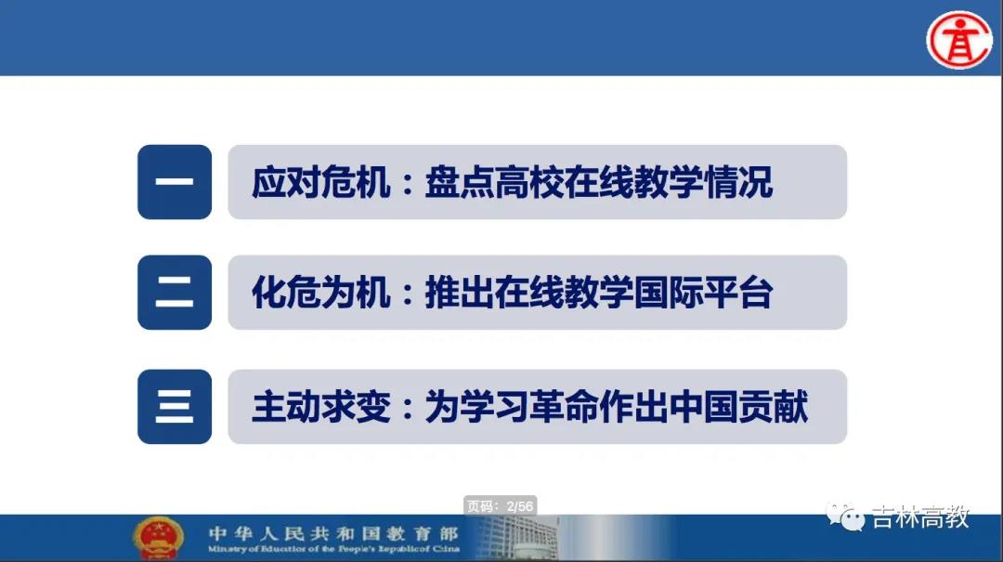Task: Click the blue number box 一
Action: pos(175,182)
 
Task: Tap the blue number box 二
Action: pos(175,293)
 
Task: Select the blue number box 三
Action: pos(175,407)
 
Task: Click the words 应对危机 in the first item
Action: pos(320,182)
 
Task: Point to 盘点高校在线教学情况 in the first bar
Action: pos(599,182)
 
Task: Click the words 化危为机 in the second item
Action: pos(320,294)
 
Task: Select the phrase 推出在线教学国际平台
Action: pos(599,294)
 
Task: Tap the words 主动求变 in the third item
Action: pos(320,407)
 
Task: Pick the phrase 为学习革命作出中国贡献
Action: pos(616,407)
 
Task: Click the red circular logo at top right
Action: pos(958,40)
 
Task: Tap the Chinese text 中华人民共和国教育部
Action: pos(333,533)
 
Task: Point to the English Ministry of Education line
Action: pos(333,549)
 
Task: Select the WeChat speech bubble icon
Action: pos(845,516)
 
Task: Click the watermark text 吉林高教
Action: pos(920,516)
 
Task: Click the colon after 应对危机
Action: pos(408,184)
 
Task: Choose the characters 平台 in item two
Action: pos(738,294)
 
